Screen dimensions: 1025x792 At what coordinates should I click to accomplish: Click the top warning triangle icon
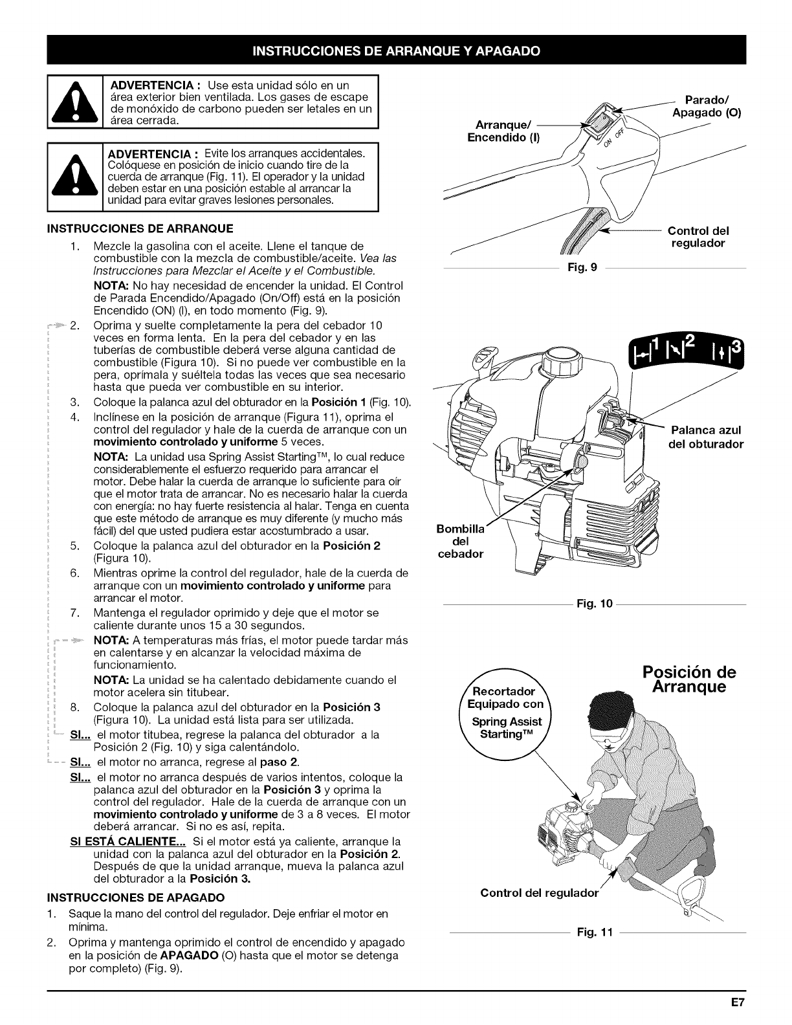click(x=76, y=104)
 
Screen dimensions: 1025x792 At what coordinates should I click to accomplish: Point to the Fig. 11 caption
click(x=591, y=934)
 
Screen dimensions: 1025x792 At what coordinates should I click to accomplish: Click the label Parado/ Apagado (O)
click(x=707, y=107)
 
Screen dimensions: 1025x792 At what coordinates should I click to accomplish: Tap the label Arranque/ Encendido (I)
click(x=503, y=130)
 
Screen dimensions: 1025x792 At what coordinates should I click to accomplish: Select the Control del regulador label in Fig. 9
click(x=698, y=237)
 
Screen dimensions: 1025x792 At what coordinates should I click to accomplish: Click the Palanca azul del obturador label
click(x=705, y=437)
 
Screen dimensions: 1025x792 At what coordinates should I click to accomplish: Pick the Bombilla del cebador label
click(x=461, y=542)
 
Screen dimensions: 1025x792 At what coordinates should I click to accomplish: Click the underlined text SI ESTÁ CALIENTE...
click(x=128, y=842)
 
